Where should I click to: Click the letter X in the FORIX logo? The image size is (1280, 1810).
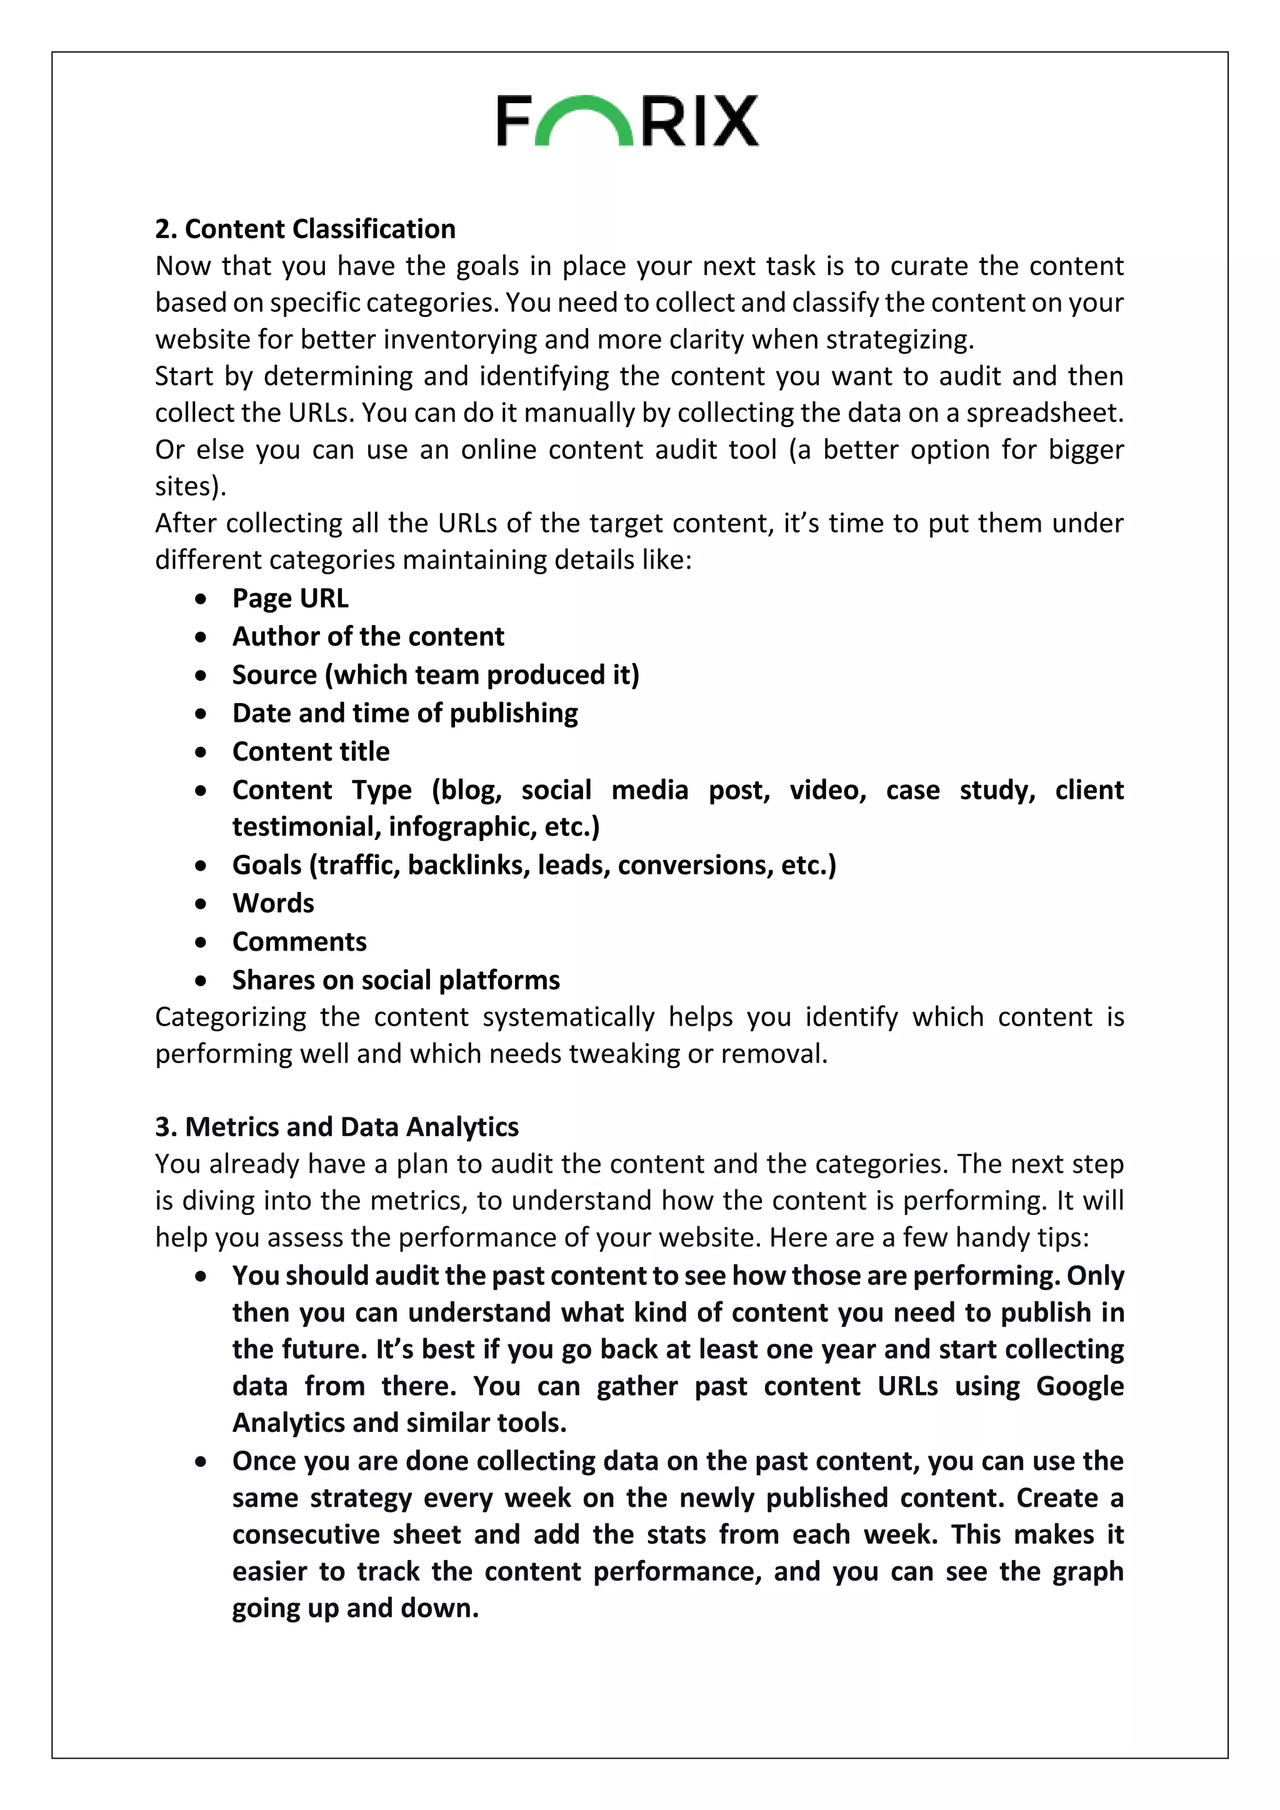pos(733,121)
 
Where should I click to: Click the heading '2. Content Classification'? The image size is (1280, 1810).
pos(305,229)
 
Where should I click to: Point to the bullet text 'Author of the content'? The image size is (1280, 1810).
pos(368,637)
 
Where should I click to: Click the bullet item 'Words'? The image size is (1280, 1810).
pos(272,903)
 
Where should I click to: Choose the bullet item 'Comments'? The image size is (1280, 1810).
pos(299,942)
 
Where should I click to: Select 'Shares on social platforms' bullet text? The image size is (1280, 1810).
pos(396,981)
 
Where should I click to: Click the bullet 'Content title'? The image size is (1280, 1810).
pos(311,752)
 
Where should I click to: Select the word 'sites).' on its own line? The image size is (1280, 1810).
pos(191,486)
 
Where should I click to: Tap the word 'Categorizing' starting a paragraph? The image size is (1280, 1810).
pos(230,1017)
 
